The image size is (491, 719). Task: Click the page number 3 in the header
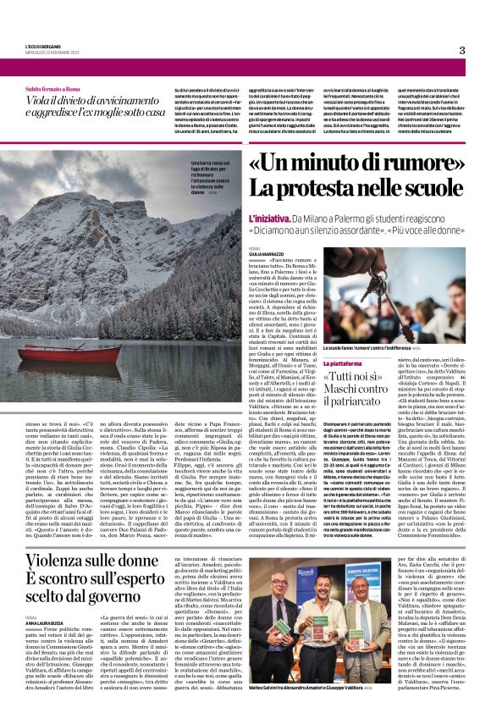coord(461,50)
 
